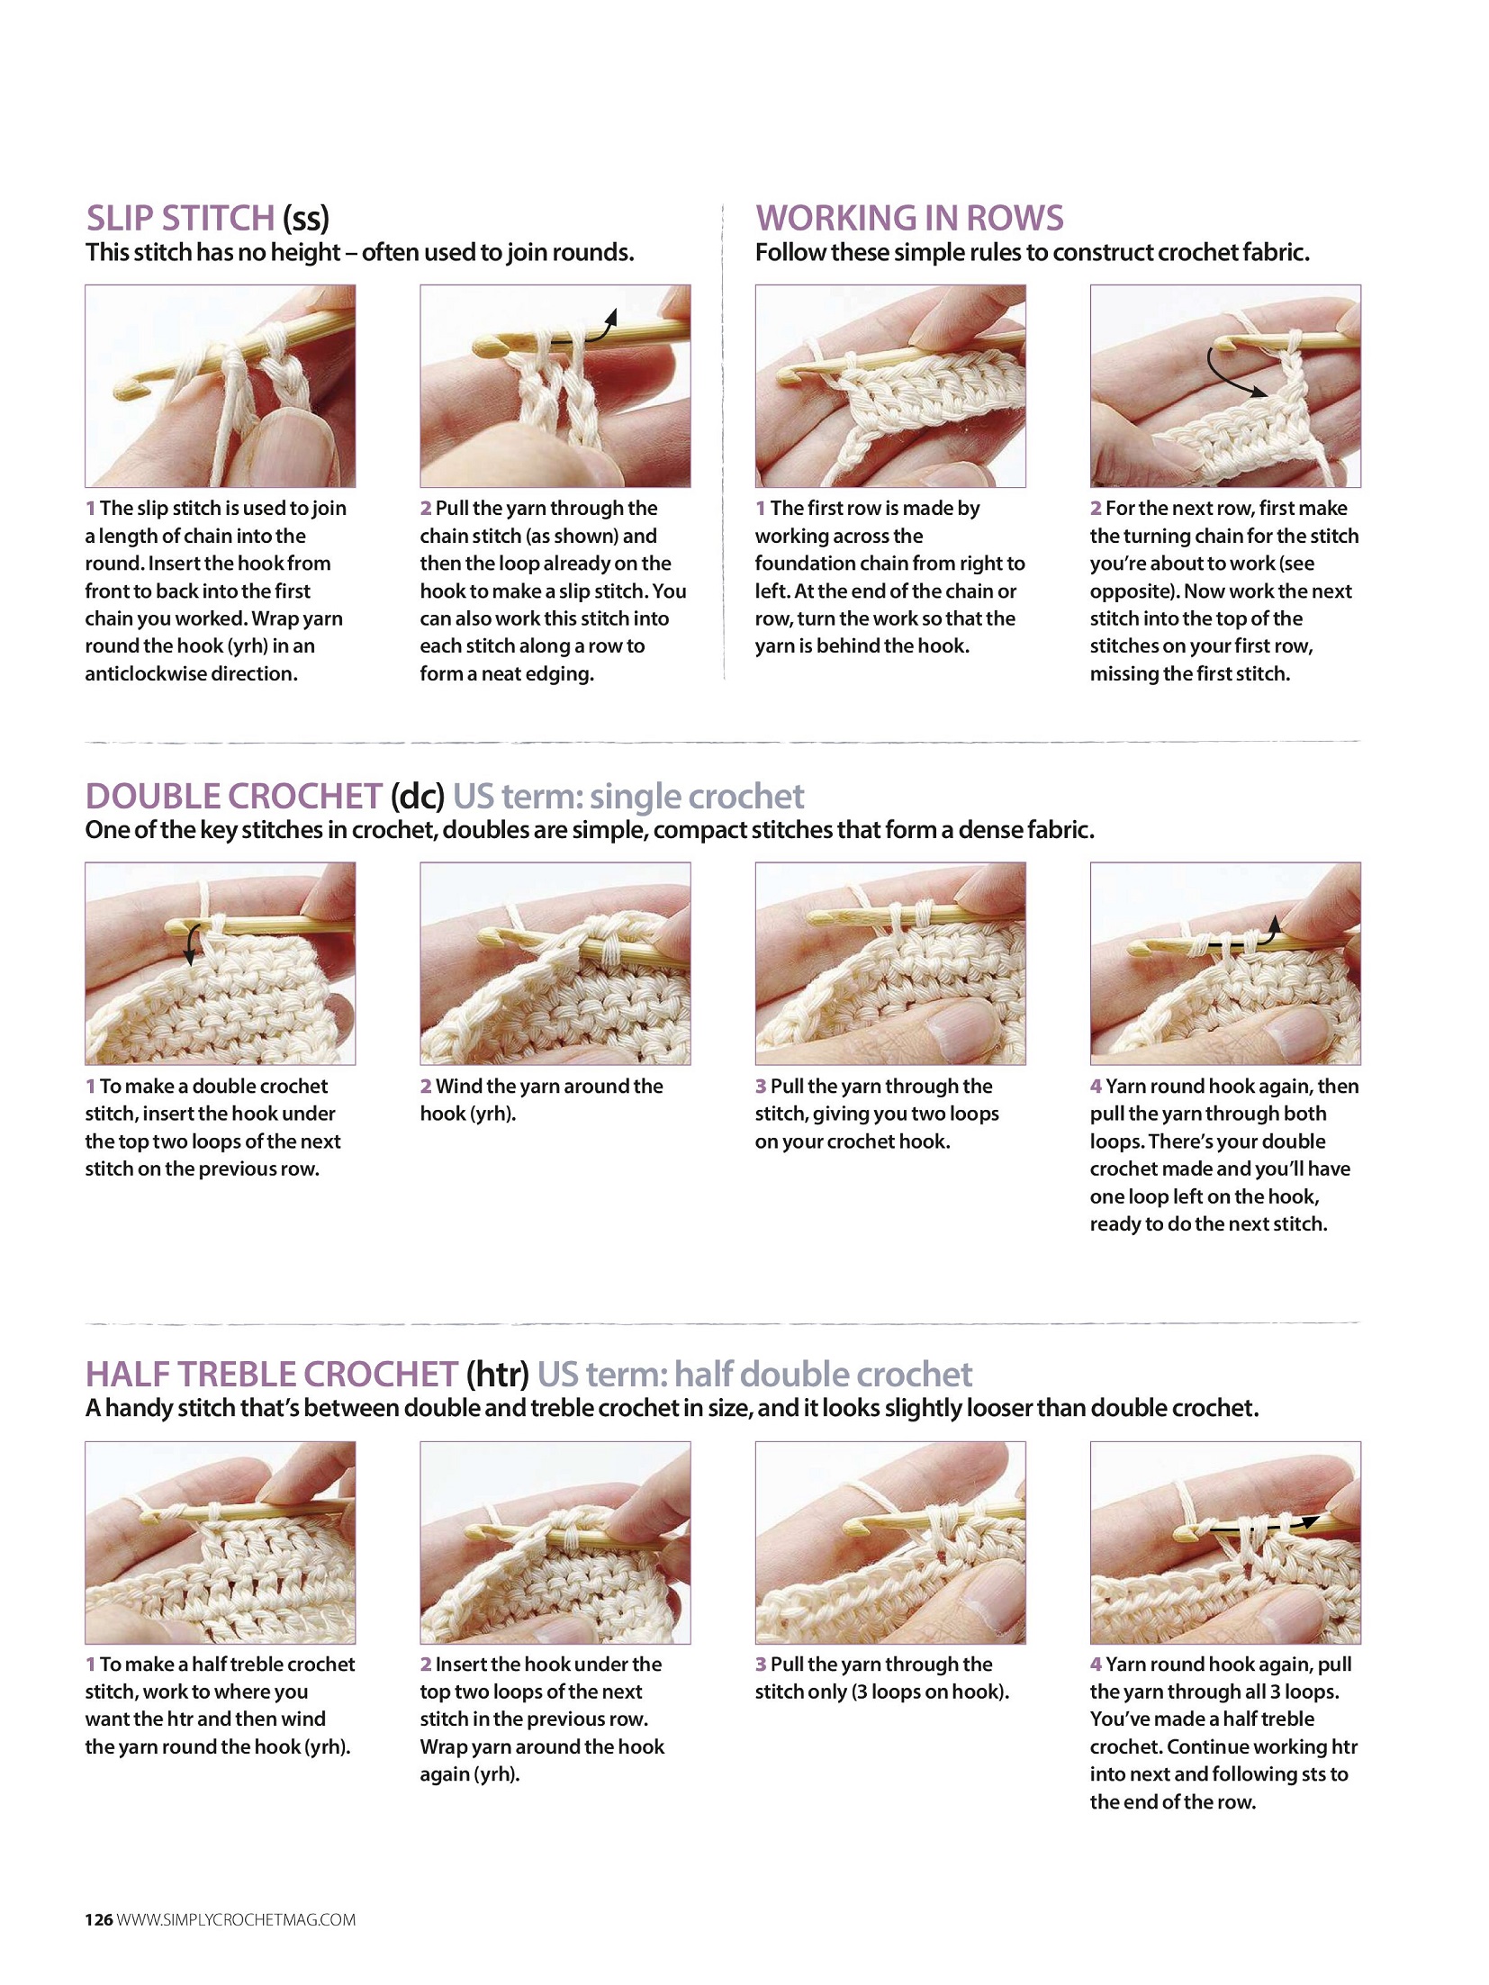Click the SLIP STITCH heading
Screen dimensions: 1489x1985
coord(207,218)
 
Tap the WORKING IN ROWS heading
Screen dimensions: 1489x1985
coord(909,218)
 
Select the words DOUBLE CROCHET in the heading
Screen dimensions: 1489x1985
coord(234,796)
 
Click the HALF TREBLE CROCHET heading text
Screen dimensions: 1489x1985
coord(272,1374)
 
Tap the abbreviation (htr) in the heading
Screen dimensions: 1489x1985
coord(497,1375)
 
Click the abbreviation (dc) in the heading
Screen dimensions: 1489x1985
coord(418,797)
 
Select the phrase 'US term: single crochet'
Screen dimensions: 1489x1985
coord(628,796)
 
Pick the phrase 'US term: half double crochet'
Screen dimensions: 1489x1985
coord(754,1374)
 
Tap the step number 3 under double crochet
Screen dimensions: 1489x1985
coord(761,1087)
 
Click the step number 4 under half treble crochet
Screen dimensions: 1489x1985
coord(1096,1665)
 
